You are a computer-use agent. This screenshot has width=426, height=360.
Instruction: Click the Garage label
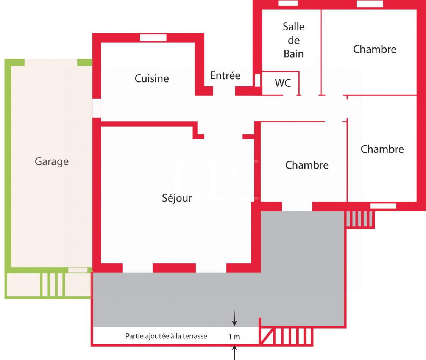(51, 162)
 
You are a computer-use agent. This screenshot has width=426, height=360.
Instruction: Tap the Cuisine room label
(152, 78)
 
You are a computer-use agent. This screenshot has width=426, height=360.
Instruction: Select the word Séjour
(177, 198)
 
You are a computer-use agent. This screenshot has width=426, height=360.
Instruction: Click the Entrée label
(225, 75)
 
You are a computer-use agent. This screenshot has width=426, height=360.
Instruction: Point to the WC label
(283, 83)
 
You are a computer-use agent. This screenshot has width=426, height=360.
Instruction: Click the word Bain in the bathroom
(293, 54)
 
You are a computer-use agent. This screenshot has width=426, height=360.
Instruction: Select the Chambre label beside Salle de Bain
(375, 49)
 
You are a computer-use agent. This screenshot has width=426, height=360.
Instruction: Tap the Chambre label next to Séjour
(307, 165)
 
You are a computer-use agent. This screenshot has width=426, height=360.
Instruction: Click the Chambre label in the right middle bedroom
(382, 149)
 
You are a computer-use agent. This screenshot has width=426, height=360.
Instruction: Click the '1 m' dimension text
(234, 336)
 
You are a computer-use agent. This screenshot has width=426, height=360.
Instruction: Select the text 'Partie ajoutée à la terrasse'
(166, 336)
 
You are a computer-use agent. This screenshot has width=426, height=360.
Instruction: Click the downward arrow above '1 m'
(234, 319)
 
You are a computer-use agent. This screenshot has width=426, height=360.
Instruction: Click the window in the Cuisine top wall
(153, 38)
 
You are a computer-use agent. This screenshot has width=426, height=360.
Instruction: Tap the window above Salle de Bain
(288, 3)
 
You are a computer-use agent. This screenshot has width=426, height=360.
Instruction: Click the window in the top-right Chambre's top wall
(370, 4)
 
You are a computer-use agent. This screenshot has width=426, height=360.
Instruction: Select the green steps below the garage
(52, 285)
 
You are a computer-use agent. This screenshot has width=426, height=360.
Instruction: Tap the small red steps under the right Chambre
(360, 219)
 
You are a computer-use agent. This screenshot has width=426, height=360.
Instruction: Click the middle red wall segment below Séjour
(174, 268)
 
